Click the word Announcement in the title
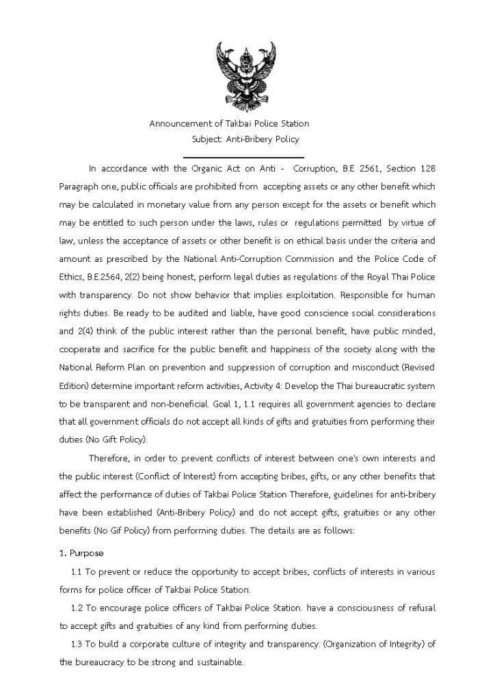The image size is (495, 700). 179,124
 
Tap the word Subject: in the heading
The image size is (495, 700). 209,139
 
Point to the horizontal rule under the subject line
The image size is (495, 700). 243,157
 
